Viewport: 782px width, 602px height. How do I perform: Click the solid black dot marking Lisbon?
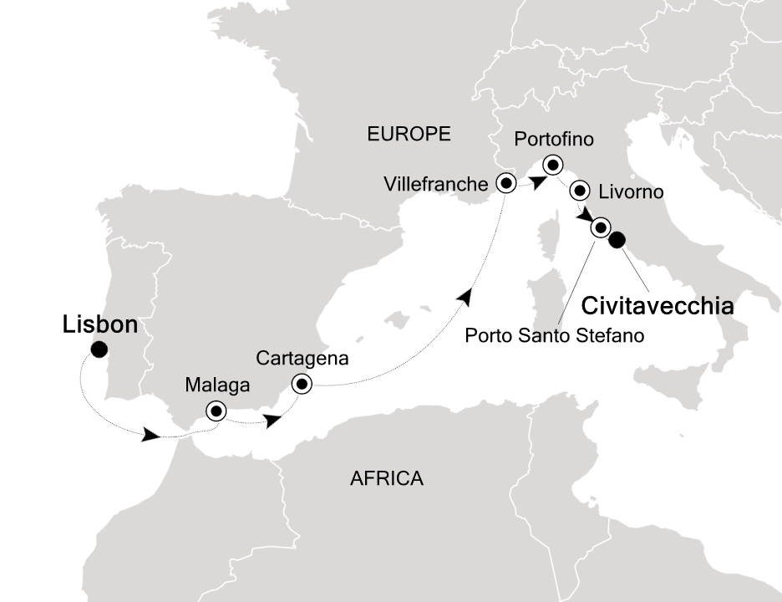[99, 349]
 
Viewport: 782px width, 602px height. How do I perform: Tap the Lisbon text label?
[99, 325]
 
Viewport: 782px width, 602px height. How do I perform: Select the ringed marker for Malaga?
[217, 411]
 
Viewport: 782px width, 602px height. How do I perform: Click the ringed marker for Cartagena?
[301, 384]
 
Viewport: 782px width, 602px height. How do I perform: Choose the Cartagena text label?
[302, 359]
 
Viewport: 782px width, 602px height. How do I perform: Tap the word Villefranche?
[434, 183]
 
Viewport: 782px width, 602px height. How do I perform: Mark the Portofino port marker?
[552, 164]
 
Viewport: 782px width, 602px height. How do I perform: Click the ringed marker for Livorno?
[579, 191]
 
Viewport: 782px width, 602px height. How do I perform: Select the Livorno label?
[631, 192]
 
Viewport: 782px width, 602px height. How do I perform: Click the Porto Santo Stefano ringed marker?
[600, 227]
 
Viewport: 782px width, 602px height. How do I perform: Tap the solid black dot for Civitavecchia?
[617, 241]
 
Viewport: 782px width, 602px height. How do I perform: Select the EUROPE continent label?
[409, 134]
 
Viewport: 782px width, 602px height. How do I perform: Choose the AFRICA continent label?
[386, 479]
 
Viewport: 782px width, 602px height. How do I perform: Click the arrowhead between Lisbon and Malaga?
[151, 435]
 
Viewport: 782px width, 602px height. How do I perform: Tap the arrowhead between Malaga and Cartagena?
[272, 421]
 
